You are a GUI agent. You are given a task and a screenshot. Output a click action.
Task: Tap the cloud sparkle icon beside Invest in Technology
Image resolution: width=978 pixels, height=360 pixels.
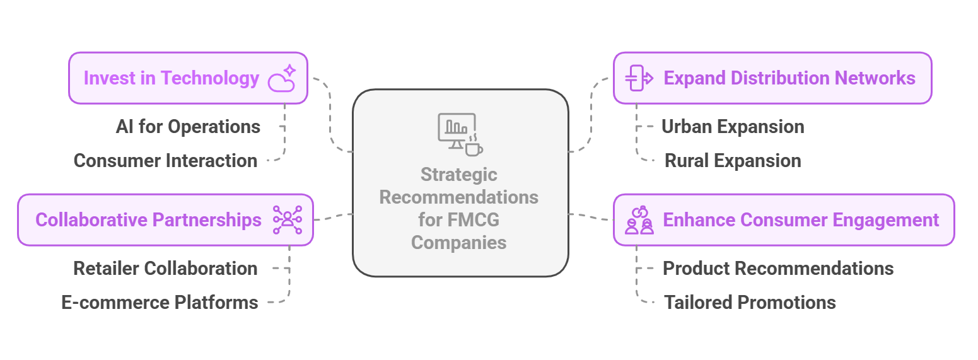282,78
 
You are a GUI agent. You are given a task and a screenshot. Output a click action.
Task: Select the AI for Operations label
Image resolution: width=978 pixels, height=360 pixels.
188,127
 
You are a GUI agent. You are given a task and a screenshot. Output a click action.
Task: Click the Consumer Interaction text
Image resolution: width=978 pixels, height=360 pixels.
165,161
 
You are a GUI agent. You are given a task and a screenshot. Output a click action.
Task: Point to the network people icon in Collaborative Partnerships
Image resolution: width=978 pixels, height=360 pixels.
288,220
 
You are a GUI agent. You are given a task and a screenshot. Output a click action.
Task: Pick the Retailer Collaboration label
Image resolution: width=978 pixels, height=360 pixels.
165,269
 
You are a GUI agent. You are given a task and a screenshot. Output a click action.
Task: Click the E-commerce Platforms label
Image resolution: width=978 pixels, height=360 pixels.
160,303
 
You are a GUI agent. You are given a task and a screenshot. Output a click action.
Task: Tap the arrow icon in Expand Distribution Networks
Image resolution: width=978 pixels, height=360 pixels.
638,78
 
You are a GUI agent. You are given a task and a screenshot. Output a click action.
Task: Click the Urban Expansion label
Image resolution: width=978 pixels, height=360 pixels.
733,127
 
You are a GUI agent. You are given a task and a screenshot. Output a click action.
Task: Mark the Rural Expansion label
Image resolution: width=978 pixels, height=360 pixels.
733,161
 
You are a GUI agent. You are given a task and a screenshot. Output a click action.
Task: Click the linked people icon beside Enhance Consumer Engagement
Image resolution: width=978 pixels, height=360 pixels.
639,220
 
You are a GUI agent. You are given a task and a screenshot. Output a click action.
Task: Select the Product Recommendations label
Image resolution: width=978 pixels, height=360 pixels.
778,269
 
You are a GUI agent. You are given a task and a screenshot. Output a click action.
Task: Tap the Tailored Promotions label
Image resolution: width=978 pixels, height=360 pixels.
750,303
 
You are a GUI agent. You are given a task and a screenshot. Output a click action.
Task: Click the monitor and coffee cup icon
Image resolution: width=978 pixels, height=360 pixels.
460,134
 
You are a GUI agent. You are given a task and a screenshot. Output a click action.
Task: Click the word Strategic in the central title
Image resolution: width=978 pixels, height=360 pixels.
459,175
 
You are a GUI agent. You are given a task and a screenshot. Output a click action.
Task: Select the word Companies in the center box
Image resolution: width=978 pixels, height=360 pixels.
459,243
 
